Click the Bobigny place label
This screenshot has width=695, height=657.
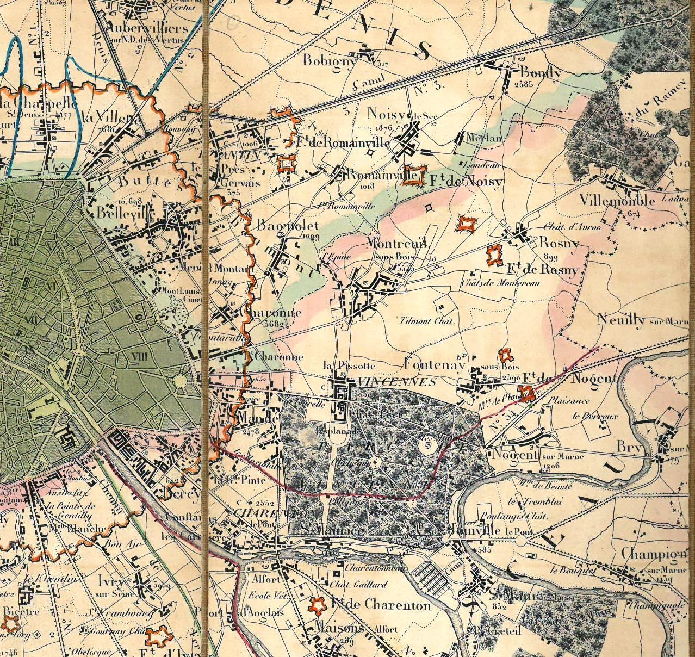point(328,60)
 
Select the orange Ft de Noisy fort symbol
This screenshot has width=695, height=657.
point(416,176)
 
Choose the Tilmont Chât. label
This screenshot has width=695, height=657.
point(427,321)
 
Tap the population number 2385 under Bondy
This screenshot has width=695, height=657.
point(525,84)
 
